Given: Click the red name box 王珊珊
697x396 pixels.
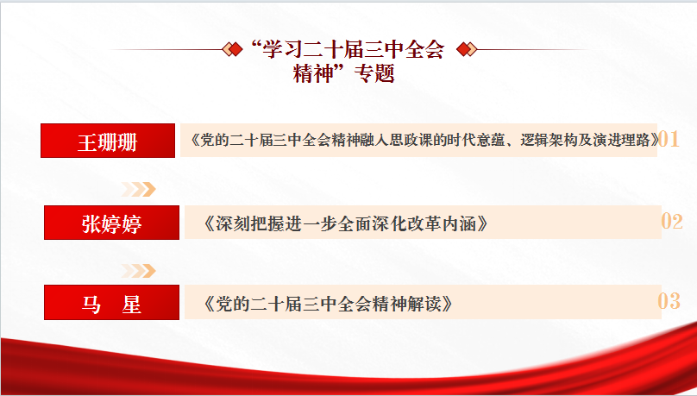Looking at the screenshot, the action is click(x=108, y=141).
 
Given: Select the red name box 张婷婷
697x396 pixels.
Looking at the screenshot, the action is click(x=111, y=223).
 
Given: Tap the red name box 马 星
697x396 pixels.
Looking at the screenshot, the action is click(x=111, y=302).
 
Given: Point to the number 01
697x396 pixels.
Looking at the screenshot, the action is click(x=669, y=139).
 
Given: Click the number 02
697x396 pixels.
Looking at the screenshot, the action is click(x=672, y=221).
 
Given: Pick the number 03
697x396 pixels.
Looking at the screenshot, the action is click(x=669, y=301).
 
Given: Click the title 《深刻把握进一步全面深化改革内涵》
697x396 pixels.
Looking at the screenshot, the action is click(x=345, y=223).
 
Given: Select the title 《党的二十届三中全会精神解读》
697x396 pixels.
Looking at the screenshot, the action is click(x=328, y=304).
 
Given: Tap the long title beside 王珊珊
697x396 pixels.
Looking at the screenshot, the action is click(x=424, y=140).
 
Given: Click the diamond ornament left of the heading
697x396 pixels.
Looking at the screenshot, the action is click(x=233, y=49).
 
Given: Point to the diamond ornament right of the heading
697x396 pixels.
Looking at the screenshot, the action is click(x=467, y=49).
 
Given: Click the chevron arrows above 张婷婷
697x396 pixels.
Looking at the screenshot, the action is click(x=138, y=189).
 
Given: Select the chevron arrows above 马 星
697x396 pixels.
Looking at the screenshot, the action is click(x=138, y=271).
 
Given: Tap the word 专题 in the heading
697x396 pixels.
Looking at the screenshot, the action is click(x=375, y=73).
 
